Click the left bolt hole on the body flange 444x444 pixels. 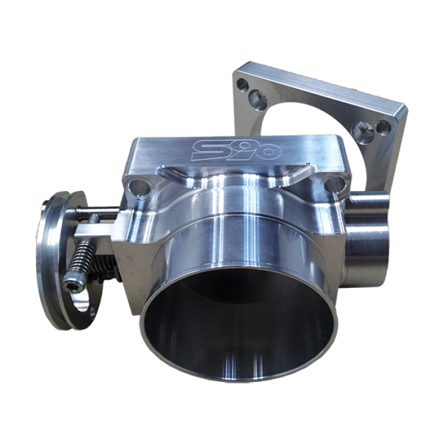pos(136,186)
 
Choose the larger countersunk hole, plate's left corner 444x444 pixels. pos(254,96)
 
